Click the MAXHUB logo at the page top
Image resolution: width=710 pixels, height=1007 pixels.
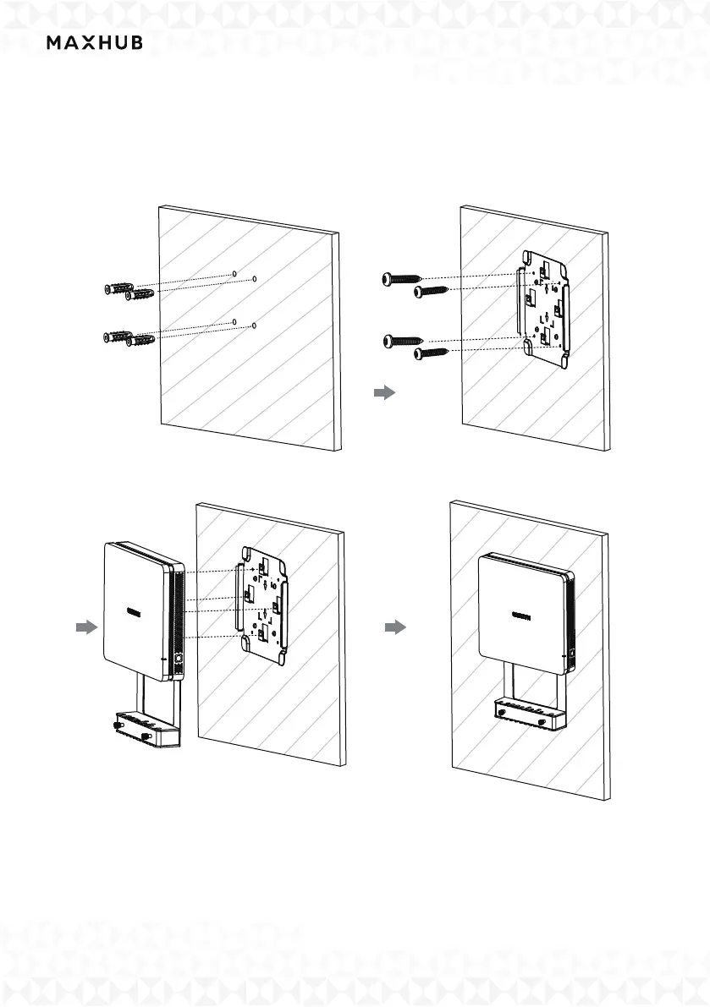point(94,43)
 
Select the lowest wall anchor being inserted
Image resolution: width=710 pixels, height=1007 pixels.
point(140,342)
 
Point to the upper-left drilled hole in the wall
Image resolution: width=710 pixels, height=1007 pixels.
point(234,274)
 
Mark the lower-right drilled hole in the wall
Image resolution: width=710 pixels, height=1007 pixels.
point(254,326)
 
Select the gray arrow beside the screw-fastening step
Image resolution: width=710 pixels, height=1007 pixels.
point(385,393)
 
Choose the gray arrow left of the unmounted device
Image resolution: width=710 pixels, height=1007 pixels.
point(85,627)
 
